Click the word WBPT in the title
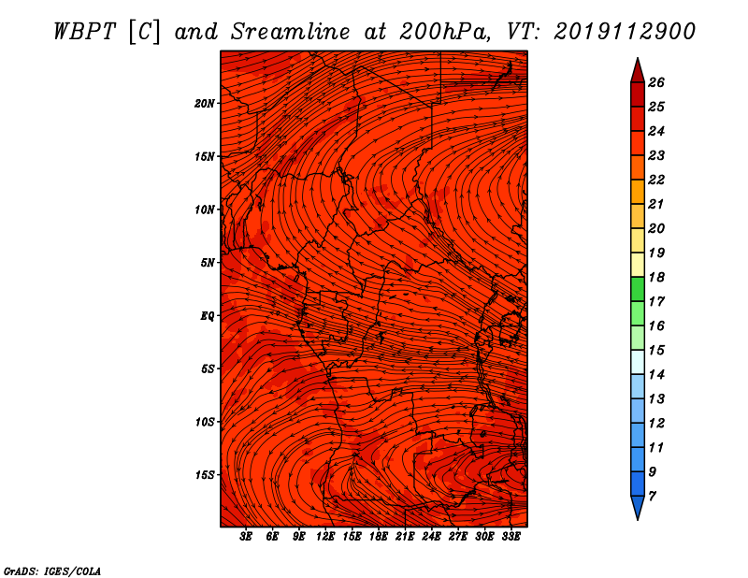84,32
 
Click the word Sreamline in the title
290,32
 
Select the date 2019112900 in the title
625,32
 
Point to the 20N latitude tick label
204,104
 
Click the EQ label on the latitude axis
207,316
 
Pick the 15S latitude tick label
205,475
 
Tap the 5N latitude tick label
208,263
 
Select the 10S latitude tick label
205,422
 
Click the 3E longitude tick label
246,537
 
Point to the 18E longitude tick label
378,537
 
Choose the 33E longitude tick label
511,537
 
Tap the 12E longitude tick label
324,537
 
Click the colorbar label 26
656,82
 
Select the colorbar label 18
656,277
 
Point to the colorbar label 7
652,497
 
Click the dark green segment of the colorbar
638,289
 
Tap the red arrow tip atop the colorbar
638,59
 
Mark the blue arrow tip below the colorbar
638,518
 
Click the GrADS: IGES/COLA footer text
52,571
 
